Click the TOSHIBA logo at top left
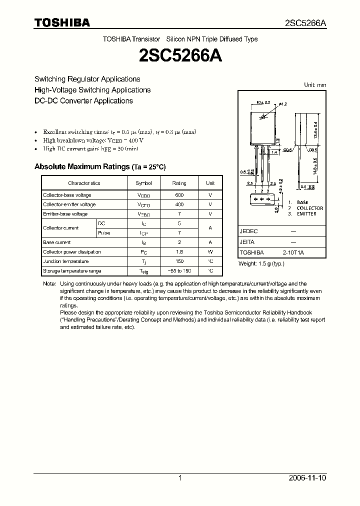[x=62, y=22]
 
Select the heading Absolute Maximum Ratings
[x=81, y=166]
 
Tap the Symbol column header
[x=143, y=183]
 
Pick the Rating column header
[x=179, y=183]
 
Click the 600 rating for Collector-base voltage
[x=179, y=195]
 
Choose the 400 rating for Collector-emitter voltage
[x=179, y=204]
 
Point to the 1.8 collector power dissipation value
[x=179, y=252]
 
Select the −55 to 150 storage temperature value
[x=179, y=271]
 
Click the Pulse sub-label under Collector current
[x=104, y=233]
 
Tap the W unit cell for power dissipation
[x=210, y=252]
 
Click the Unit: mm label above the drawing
[x=315, y=85]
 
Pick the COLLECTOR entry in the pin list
[x=309, y=208]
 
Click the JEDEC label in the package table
[x=248, y=231]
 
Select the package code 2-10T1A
[x=293, y=253]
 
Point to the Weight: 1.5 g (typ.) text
[x=261, y=263]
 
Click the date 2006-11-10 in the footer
[x=307, y=478]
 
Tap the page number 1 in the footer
[x=180, y=478]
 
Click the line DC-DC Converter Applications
[x=83, y=100]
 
